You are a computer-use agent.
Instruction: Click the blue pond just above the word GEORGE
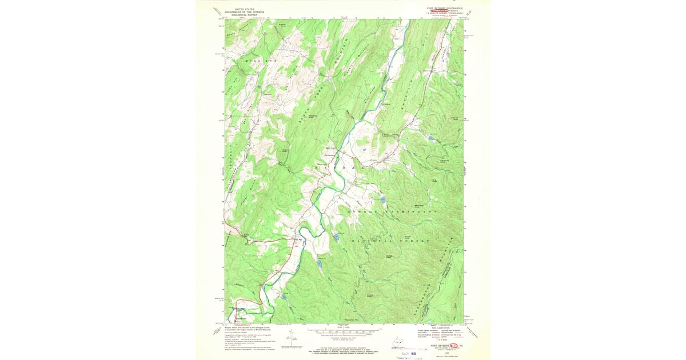tap(382, 200)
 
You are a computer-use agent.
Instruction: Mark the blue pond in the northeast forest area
tap(430, 138)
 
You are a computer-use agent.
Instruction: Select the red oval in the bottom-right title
tap(454, 345)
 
